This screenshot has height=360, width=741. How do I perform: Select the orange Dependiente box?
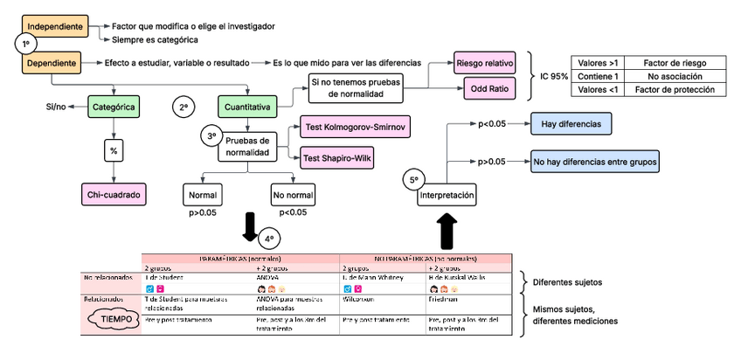click(52, 63)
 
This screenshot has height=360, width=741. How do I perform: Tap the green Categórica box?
click(112, 107)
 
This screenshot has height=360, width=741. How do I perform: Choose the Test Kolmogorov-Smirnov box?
click(355, 128)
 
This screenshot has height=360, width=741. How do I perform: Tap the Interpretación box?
click(447, 193)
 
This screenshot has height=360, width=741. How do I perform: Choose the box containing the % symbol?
click(113, 150)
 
